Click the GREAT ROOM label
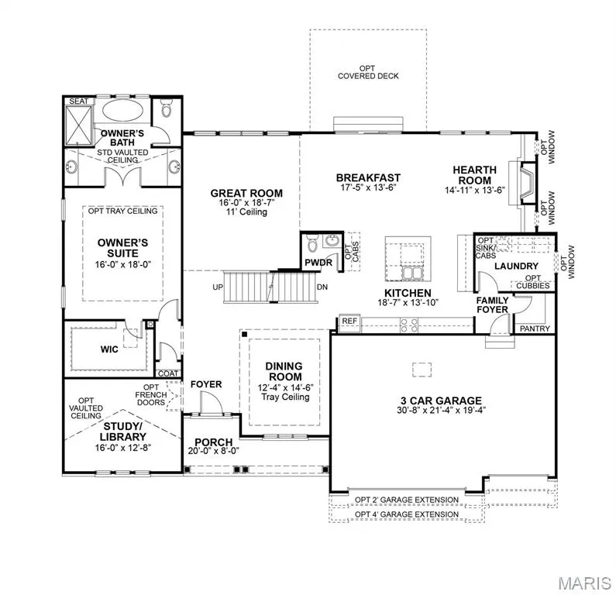246,193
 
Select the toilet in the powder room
312,244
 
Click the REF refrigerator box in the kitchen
349,322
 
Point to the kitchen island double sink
411,273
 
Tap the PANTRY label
535,328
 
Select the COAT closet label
168,373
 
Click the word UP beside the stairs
218,287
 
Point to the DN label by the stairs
322,287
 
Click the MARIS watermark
584,583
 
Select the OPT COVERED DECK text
368,72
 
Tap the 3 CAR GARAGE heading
441,401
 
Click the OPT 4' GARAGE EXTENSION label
407,514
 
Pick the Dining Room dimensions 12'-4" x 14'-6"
285,387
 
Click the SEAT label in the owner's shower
78,101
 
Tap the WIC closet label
108,349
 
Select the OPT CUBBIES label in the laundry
533,282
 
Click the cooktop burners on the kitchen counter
408,325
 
